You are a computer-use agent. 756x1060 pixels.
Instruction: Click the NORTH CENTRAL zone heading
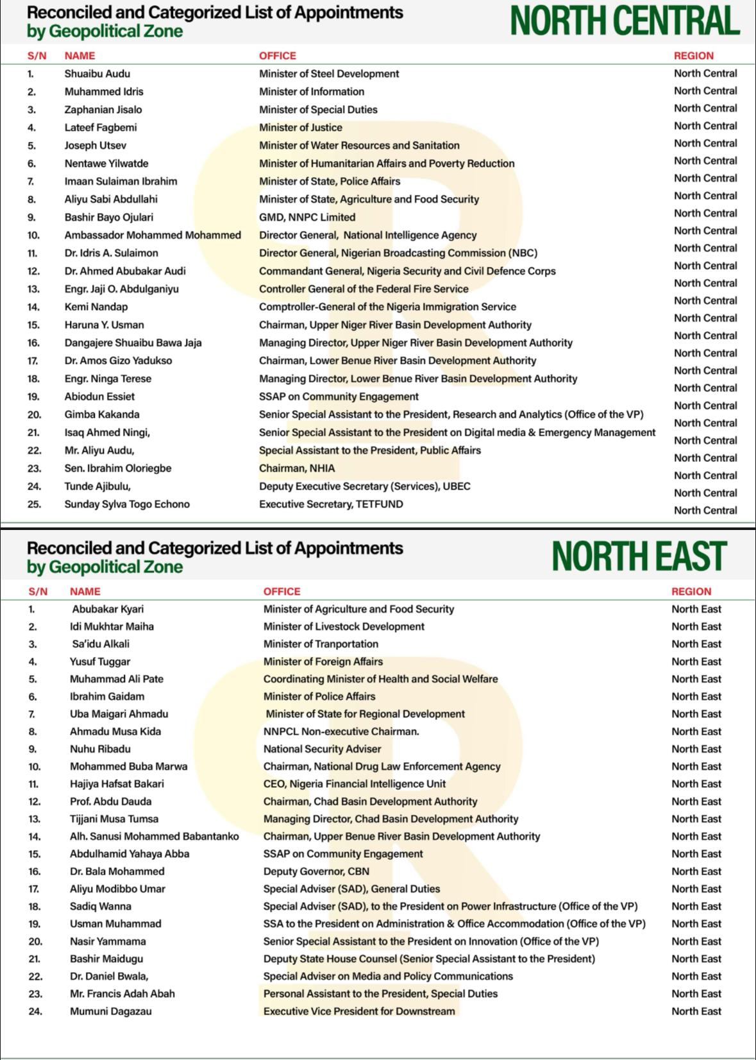[x=625, y=21]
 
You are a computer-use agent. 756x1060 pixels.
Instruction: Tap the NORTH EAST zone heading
[x=639, y=556]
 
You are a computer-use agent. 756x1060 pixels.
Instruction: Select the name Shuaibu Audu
[x=97, y=74]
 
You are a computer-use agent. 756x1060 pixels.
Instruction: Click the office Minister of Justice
[x=300, y=128]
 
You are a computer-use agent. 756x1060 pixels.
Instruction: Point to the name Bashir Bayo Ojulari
[x=108, y=217]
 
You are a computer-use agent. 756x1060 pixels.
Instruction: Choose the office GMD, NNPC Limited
[x=307, y=217]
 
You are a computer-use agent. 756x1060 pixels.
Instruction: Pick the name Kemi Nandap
[x=96, y=307]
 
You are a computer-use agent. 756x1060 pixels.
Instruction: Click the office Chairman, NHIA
[x=296, y=468]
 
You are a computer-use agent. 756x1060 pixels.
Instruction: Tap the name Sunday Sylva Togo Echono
[x=126, y=504]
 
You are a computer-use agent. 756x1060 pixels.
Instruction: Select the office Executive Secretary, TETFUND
[x=331, y=504]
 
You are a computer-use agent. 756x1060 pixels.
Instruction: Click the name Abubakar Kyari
[x=108, y=609]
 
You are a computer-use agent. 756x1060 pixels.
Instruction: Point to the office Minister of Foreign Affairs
[x=323, y=662]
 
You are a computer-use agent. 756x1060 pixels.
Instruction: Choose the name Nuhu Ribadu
[x=100, y=749]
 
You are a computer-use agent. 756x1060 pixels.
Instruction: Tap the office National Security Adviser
[x=322, y=749]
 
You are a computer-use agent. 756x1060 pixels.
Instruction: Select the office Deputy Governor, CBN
[x=316, y=871]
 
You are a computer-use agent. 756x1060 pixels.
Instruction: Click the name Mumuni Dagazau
[x=110, y=1011]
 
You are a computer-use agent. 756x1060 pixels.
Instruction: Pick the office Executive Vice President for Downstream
[x=359, y=1011]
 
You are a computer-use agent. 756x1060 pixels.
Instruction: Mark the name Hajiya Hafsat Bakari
[x=117, y=784]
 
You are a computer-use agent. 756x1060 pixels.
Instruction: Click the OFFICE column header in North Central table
[x=277, y=56]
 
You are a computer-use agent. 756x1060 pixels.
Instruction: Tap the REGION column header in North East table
[x=691, y=592]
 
